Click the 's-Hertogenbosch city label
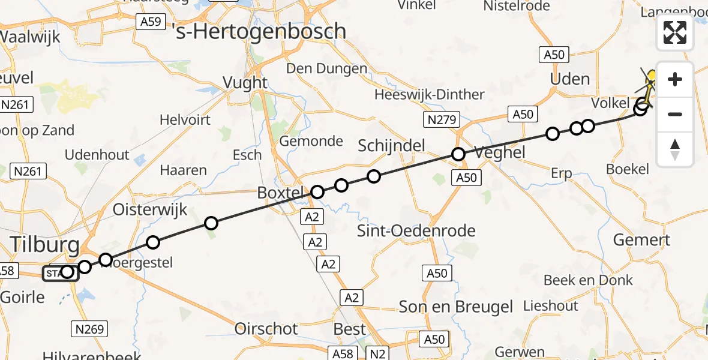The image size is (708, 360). coord(260,31)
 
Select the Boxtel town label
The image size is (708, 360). coord(281,193)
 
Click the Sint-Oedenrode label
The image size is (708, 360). coord(416,231)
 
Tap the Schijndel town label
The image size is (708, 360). coord(391,145)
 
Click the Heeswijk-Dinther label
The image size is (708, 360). coord(429,95)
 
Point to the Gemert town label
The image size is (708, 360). coord(641,240)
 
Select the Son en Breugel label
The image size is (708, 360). coord(456,307)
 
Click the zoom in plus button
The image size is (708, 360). coord(675,79)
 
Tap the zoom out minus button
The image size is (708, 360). coord(675,114)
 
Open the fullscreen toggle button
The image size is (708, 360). coord(675,32)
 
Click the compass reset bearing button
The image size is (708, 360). coord(675,149)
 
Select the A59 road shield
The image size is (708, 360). coord(150,22)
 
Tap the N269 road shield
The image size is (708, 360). coord(91,328)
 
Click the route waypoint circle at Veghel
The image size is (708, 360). coord(458,154)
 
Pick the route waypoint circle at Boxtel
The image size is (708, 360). coord(317,192)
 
